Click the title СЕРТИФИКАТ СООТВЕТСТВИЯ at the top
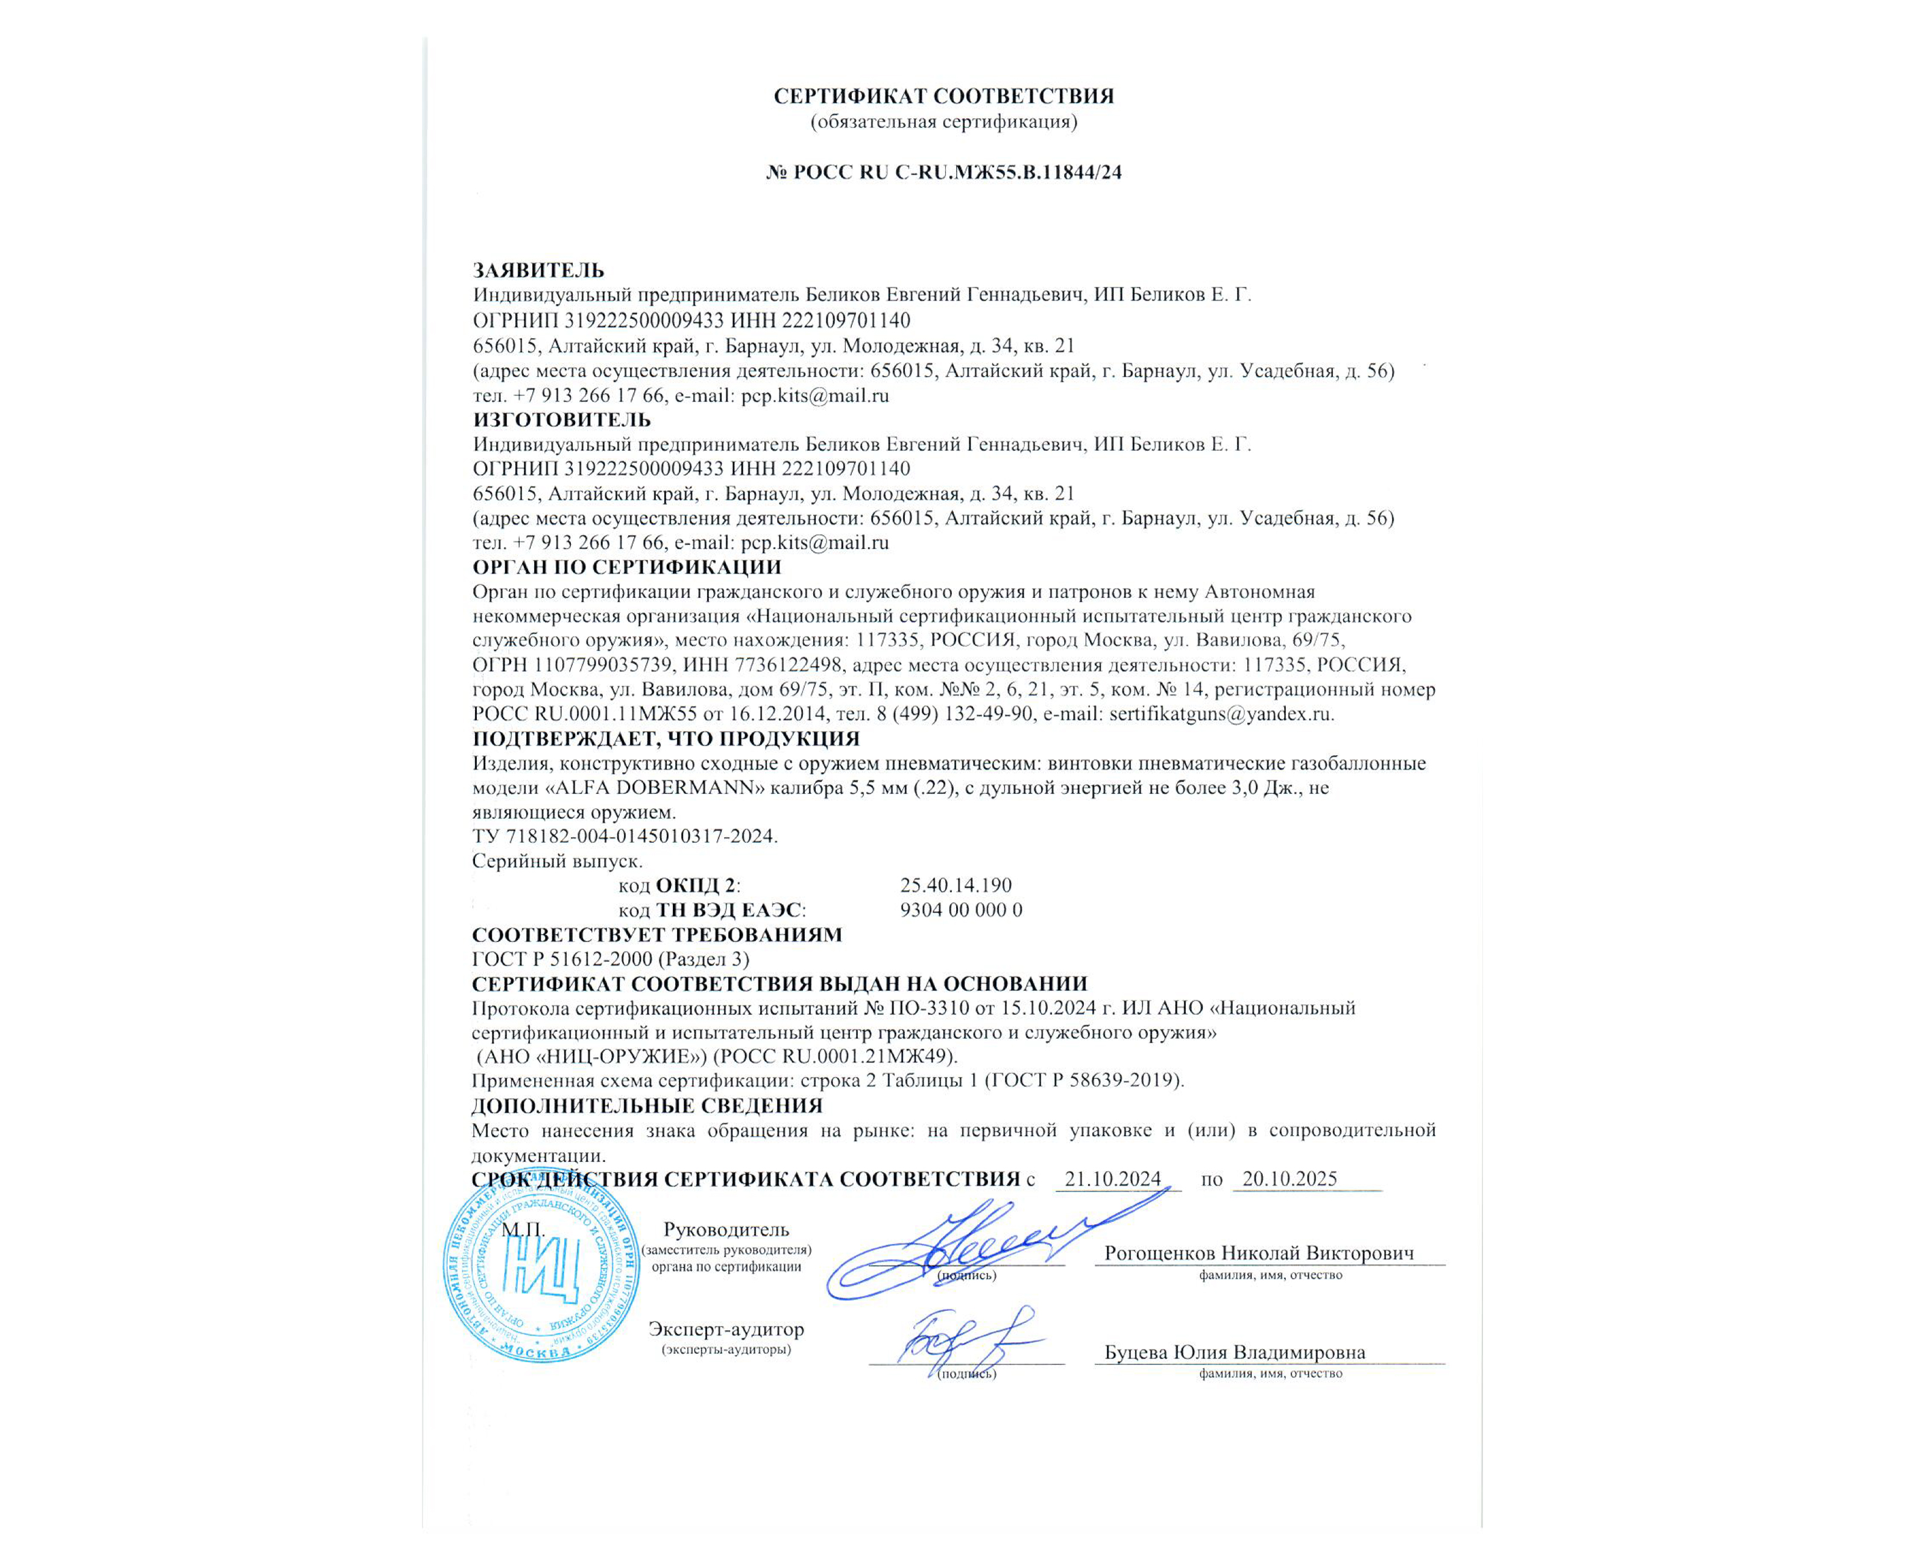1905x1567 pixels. pos(943,96)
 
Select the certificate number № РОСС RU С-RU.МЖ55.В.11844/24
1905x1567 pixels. pos(943,172)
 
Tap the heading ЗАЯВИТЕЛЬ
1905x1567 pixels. pos(539,271)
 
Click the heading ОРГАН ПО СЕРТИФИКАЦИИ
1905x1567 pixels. pos(626,568)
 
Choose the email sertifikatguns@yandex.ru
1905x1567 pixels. pos(1221,714)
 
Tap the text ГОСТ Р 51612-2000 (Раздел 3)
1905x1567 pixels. pos(610,959)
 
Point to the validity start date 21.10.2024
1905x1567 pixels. pos(1112,1179)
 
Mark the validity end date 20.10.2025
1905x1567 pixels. pos(1289,1179)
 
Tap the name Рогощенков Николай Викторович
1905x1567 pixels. pos(1259,1253)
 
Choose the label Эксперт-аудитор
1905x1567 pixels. pos(726,1329)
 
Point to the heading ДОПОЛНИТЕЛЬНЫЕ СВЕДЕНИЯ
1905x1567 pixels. pos(646,1106)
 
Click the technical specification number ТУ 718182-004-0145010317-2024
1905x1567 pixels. pos(624,837)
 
